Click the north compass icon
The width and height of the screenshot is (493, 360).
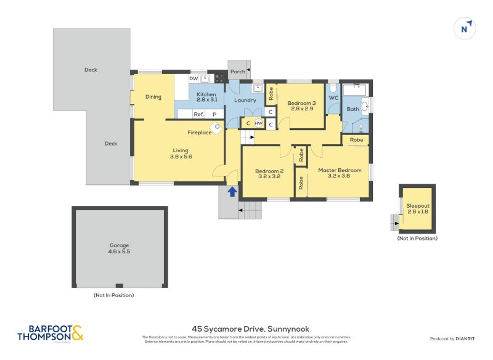[x=466, y=28]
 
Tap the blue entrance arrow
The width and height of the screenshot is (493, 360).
[x=232, y=192]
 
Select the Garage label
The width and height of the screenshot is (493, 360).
[x=120, y=245]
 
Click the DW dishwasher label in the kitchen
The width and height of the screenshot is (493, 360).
[x=194, y=78]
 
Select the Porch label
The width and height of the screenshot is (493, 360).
[x=238, y=72]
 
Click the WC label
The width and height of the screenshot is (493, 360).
[x=333, y=98]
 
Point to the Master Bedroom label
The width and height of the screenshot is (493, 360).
[x=340, y=170]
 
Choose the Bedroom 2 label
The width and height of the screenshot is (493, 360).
[x=269, y=171]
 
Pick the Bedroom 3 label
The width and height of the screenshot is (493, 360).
[x=301, y=103]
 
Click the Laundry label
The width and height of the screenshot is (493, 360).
[x=245, y=100]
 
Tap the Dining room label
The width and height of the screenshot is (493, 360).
[x=153, y=97]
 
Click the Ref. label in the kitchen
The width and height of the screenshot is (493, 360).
[x=198, y=114]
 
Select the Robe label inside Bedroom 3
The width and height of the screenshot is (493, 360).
[x=271, y=94]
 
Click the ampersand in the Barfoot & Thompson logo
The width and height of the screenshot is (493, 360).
[x=77, y=333]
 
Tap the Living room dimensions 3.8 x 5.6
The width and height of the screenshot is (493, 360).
[x=181, y=157]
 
